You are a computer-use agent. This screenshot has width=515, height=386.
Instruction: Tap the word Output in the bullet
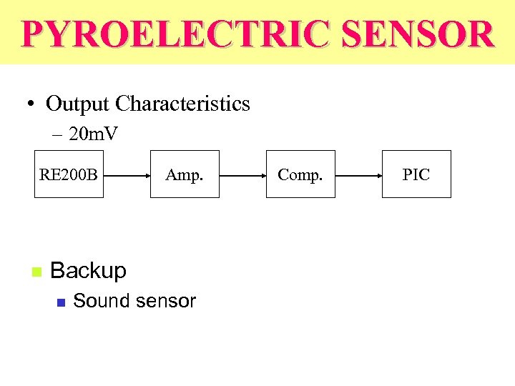pos(77,104)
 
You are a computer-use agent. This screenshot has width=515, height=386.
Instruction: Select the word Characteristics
pos(182,104)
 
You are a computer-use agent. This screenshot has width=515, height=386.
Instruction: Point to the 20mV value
pos(94,134)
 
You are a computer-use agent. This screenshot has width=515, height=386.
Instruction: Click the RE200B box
pos(69,174)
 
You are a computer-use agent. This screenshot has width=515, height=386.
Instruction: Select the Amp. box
pos(184,174)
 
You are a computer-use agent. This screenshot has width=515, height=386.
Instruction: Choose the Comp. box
pos(300,174)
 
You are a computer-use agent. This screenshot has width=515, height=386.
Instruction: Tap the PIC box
pos(416,174)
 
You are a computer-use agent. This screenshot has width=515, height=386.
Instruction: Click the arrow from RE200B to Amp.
pos(126,174)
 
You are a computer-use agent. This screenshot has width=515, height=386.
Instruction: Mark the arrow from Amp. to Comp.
pos(242,174)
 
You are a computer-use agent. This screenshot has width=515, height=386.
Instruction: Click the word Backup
pos(88,271)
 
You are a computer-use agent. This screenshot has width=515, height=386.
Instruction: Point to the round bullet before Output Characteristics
pos(30,104)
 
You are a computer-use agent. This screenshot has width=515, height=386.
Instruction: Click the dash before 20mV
pos(57,134)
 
